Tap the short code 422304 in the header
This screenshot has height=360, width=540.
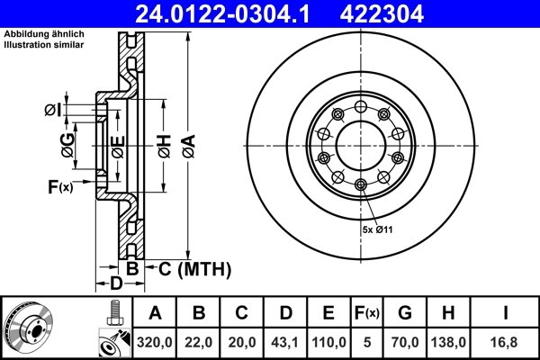408,13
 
